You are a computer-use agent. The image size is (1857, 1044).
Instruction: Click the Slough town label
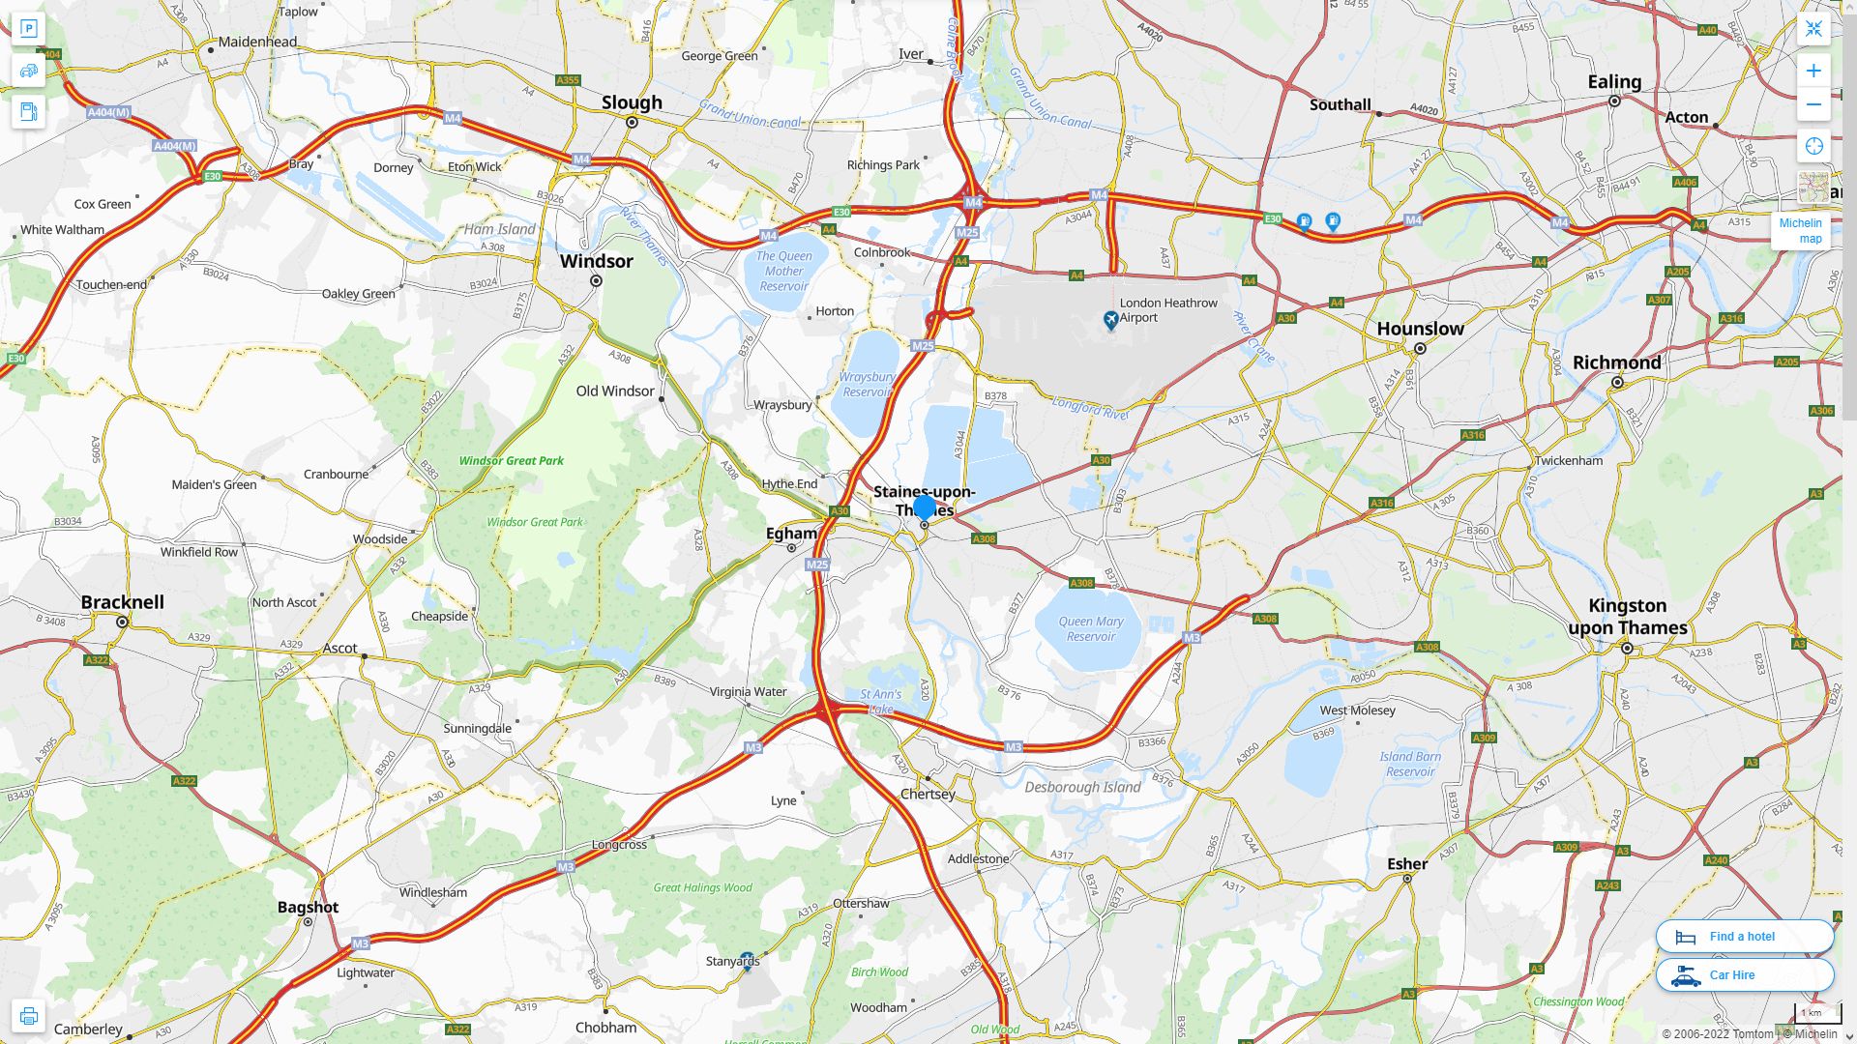click(x=632, y=102)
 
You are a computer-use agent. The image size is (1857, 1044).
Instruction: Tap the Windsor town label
click(x=597, y=261)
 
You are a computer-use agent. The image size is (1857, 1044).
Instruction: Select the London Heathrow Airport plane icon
click(x=1111, y=319)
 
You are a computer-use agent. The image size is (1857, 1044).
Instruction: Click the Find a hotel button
click(x=1744, y=936)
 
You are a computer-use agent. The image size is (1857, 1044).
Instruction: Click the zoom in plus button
click(x=1813, y=71)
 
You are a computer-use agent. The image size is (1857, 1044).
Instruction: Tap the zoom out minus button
click(x=1813, y=104)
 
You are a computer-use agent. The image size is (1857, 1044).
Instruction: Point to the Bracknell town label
click(x=123, y=602)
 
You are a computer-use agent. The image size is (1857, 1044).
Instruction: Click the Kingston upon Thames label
click(x=1628, y=617)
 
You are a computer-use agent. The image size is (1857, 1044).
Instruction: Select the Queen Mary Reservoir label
click(x=1091, y=629)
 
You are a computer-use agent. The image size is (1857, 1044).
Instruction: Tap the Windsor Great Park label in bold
click(x=511, y=461)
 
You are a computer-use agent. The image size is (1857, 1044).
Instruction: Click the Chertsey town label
click(x=928, y=795)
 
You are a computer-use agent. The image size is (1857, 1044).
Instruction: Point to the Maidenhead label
click(x=257, y=43)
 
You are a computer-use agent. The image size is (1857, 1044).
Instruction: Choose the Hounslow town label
click(x=1420, y=329)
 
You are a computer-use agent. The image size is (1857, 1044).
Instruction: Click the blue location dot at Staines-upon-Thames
click(x=925, y=507)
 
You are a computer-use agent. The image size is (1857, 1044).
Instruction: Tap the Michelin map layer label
click(x=1800, y=231)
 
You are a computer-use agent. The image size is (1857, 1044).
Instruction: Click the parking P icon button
click(x=28, y=29)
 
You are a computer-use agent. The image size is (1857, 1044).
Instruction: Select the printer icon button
click(x=28, y=1016)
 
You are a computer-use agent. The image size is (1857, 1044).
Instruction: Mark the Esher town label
click(x=1407, y=864)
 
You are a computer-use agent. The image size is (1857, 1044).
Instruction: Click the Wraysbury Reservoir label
click(x=868, y=385)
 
